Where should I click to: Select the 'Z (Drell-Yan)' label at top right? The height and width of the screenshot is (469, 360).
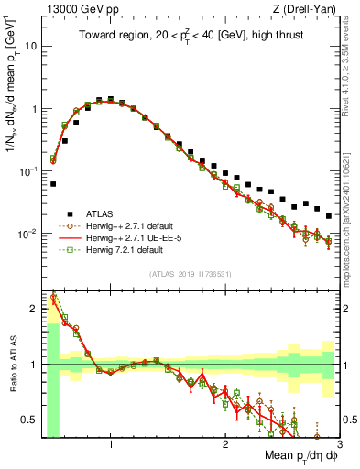310,9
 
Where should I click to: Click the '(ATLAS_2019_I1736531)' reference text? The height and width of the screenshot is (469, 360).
191,274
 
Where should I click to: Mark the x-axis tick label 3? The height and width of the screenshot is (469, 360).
338,445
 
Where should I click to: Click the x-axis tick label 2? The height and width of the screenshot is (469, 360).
225,445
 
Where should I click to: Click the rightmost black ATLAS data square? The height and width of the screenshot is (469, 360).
329,216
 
